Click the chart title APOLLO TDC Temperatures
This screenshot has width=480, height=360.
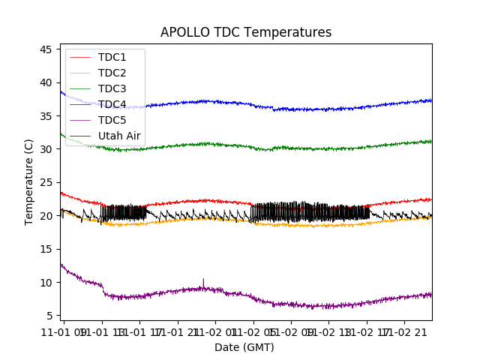(246, 32)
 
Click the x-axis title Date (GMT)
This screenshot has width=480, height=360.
(244, 347)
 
